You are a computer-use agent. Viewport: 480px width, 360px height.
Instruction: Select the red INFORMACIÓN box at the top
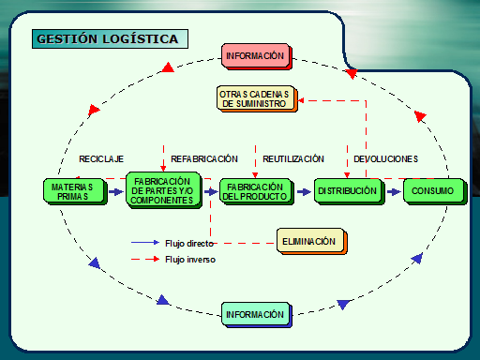(254, 56)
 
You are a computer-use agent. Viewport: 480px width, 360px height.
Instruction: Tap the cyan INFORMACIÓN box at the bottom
(254, 314)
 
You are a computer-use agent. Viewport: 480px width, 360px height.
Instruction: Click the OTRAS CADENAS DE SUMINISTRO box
(255, 98)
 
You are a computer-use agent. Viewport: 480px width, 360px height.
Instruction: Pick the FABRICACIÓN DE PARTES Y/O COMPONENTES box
(162, 191)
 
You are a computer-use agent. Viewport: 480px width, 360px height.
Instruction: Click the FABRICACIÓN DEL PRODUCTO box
(255, 191)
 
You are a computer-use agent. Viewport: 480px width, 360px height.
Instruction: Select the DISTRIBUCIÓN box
(347, 191)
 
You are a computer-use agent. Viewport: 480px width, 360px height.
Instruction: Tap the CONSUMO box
(432, 191)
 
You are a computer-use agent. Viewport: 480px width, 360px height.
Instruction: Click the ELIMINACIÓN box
(308, 242)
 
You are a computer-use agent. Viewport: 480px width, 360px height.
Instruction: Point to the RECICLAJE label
(101, 159)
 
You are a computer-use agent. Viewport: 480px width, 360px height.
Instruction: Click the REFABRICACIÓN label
(204, 159)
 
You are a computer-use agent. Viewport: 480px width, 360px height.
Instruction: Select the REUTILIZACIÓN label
(293, 159)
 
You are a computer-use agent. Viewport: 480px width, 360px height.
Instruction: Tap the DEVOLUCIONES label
(385, 159)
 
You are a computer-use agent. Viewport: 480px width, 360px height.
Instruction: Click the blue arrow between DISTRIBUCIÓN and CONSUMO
(393, 191)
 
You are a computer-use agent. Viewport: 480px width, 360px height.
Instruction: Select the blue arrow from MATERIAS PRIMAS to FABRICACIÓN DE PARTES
(114, 191)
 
